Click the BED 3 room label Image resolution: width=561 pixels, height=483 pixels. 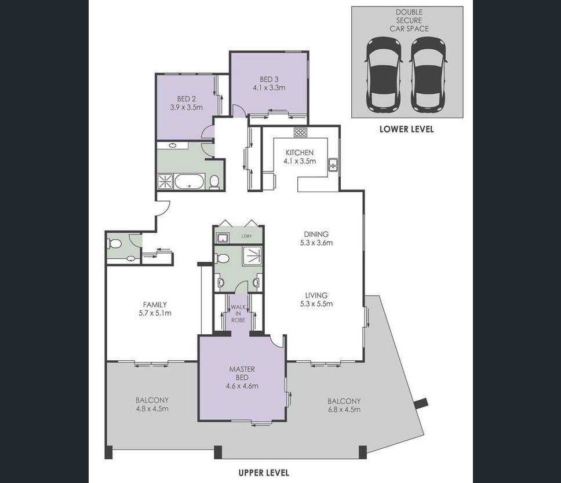269,79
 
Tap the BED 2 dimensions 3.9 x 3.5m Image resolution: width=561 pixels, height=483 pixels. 186,107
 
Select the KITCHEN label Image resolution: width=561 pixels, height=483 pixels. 300,153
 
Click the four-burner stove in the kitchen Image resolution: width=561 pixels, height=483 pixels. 301,133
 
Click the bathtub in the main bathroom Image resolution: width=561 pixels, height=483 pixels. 190,181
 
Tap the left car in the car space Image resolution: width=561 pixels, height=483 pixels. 384,75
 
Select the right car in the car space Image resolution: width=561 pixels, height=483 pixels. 428,75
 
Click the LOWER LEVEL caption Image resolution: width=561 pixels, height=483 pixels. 406,129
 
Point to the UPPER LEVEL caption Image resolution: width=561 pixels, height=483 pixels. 264,473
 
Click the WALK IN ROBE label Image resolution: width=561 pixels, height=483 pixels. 238,313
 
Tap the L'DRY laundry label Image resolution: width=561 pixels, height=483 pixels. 246,236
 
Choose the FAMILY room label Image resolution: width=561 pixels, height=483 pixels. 155,305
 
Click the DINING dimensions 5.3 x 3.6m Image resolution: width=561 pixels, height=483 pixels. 316,243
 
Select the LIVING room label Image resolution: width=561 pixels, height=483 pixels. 316,295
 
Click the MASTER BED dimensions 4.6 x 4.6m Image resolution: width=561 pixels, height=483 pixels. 242,386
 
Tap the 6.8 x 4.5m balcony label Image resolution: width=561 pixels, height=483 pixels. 344,409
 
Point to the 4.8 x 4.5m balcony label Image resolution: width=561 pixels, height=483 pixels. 152,409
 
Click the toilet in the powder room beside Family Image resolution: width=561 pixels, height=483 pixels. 114,244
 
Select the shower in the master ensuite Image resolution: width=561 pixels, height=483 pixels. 253,255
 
